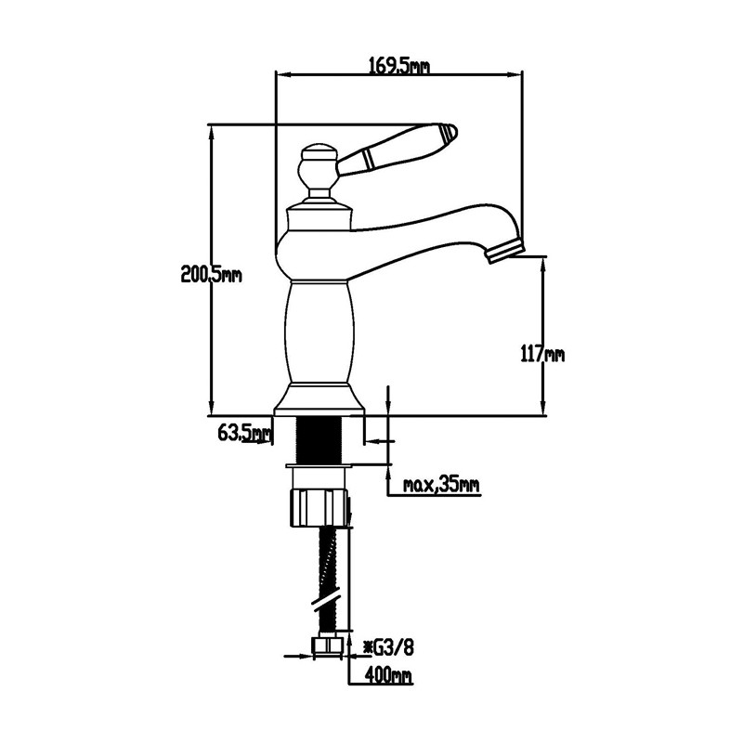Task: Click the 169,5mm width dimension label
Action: tap(399, 66)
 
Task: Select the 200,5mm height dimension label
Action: tap(212, 274)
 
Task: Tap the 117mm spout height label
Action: tap(542, 353)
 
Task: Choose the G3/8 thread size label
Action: tap(388, 647)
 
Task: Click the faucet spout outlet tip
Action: tap(505, 253)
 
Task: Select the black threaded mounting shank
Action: tap(319, 438)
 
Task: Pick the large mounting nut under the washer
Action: tap(319, 508)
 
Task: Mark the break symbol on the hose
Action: tap(327, 596)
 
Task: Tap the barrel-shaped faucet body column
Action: tap(319, 332)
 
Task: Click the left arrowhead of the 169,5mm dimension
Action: tap(283, 74)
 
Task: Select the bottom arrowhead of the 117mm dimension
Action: tap(543, 408)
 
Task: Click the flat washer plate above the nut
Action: tap(319, 466)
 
